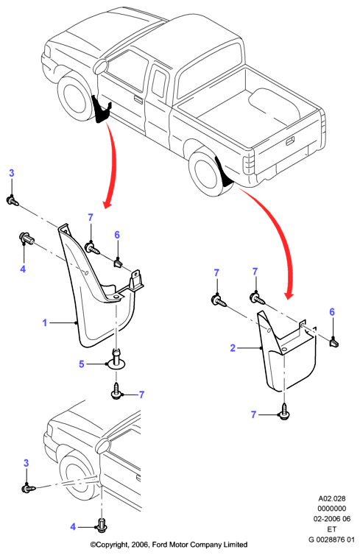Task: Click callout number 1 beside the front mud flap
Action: click(45, 323)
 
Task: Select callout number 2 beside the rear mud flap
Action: click(233, 348)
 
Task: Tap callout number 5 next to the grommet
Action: click(82, 364)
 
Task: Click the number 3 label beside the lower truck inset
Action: click(26, 463)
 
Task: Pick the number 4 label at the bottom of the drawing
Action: click(73, 527)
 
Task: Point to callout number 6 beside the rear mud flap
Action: click(332, 312)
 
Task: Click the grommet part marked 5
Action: click(117, 359)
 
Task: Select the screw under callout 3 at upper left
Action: click(13, 201)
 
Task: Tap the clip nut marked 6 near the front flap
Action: click(118, 263)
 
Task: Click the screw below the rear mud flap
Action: click(284, 412)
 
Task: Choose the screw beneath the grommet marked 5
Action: click(116, 391)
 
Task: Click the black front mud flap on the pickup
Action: click(102, 109)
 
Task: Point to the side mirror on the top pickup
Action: click(101, 67)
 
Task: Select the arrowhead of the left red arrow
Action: click(107, 205)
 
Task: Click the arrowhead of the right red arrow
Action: click(290, 295)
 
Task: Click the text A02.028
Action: click(332, 499)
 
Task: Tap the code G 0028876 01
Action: click(331, 540)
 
